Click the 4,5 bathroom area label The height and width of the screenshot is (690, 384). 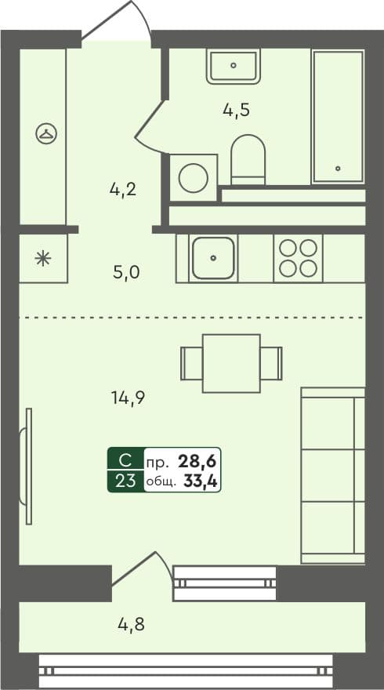click(x=236, y=110)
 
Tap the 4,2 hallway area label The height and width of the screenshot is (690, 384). click(x=124, y=189)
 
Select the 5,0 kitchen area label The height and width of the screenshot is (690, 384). click(x=127, y=273)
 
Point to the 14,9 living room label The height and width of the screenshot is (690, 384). click(x=127, y=396)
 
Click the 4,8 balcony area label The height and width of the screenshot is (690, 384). click(x=131, y=625)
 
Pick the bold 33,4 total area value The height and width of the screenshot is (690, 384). click(x=200, y=481)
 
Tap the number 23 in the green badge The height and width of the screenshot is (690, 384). click(x=125, y=481)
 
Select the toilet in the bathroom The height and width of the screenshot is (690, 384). click(x=248, y=160)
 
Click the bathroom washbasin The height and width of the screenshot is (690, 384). click(x=234, y=66)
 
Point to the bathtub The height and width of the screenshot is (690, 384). click(x=339, y=116)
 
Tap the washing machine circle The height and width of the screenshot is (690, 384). click(x=193, y=178)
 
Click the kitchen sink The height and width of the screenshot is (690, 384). click(x=213, y=258)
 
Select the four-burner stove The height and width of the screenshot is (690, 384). click(x=299, y=258)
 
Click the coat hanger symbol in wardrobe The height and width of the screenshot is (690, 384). click(x=45, y=134)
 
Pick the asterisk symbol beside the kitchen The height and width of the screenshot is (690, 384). click(x=42, y=258)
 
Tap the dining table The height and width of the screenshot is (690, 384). click(x=231, y=363)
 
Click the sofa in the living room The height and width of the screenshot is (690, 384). click(x=332, y=475)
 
